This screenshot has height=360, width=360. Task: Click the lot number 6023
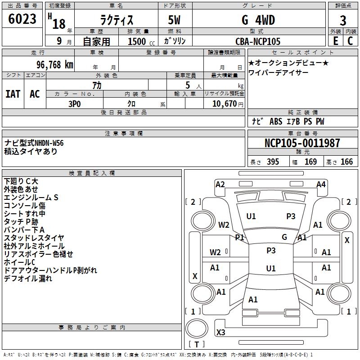[x=22, y=19]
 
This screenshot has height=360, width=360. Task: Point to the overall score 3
[x=343, y=21]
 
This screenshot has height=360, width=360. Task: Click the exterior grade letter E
[x=335, y=40]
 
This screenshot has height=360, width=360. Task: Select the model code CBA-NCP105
[x=258, y=41]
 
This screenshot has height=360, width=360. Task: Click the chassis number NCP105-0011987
[x=302, y=143]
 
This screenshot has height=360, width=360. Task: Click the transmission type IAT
[x=13, y=94]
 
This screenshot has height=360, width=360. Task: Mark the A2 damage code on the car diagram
[x=220, y=184]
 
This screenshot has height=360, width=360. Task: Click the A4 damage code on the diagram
[x=321, y=184]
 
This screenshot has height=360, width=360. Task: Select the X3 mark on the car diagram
[x=221, y=333]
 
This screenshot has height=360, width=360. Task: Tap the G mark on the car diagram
[x=284, y=237]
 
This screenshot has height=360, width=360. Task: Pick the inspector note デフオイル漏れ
[x=28, y=279]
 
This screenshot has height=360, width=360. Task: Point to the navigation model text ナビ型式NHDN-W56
[x=34, y=143]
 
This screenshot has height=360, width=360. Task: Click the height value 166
[x=347, y=162]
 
